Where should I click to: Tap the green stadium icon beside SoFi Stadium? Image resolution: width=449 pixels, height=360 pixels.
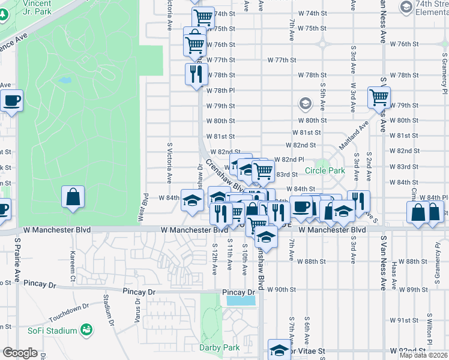click(x=87, y=330)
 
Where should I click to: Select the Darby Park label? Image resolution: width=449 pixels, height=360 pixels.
click(x=219, y=347)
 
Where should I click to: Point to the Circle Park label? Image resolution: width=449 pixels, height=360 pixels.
click(x=325, y=170)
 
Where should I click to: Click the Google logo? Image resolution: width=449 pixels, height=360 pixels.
click(x=20, y=353)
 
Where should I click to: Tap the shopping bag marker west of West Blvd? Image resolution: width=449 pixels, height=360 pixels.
click(x=73, y=197)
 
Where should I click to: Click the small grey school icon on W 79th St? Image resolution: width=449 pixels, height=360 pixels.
click(x=306, y=104)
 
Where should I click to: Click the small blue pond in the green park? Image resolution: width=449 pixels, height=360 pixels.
click(x=65, y=80)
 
